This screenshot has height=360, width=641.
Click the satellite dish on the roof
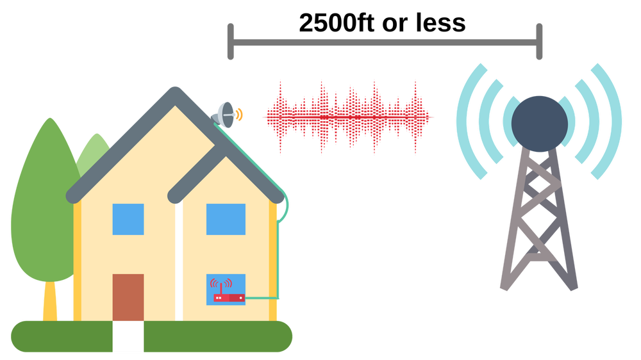[x=225, y=115]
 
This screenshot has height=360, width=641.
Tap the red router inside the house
[x=229, y=298]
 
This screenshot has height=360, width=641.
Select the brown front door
[x=128, y=297]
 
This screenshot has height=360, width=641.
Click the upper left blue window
[x=128, y=219]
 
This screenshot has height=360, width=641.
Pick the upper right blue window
[x=226, y=219]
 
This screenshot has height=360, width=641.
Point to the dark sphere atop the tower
[x=539, y=124]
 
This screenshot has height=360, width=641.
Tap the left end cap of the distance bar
[x=231, y=42]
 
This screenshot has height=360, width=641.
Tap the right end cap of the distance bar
[x=540, y=42]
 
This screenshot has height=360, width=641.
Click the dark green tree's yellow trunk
[x=50, y=301]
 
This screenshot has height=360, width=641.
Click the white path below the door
[x=128, y=336]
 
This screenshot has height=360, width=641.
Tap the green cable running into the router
[x=263, y=298]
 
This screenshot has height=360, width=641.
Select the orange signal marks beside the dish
[x=240, y=115]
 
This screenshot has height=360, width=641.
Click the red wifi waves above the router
[x=221, y=284]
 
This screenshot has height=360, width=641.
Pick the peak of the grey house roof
[x=174, y=94]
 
